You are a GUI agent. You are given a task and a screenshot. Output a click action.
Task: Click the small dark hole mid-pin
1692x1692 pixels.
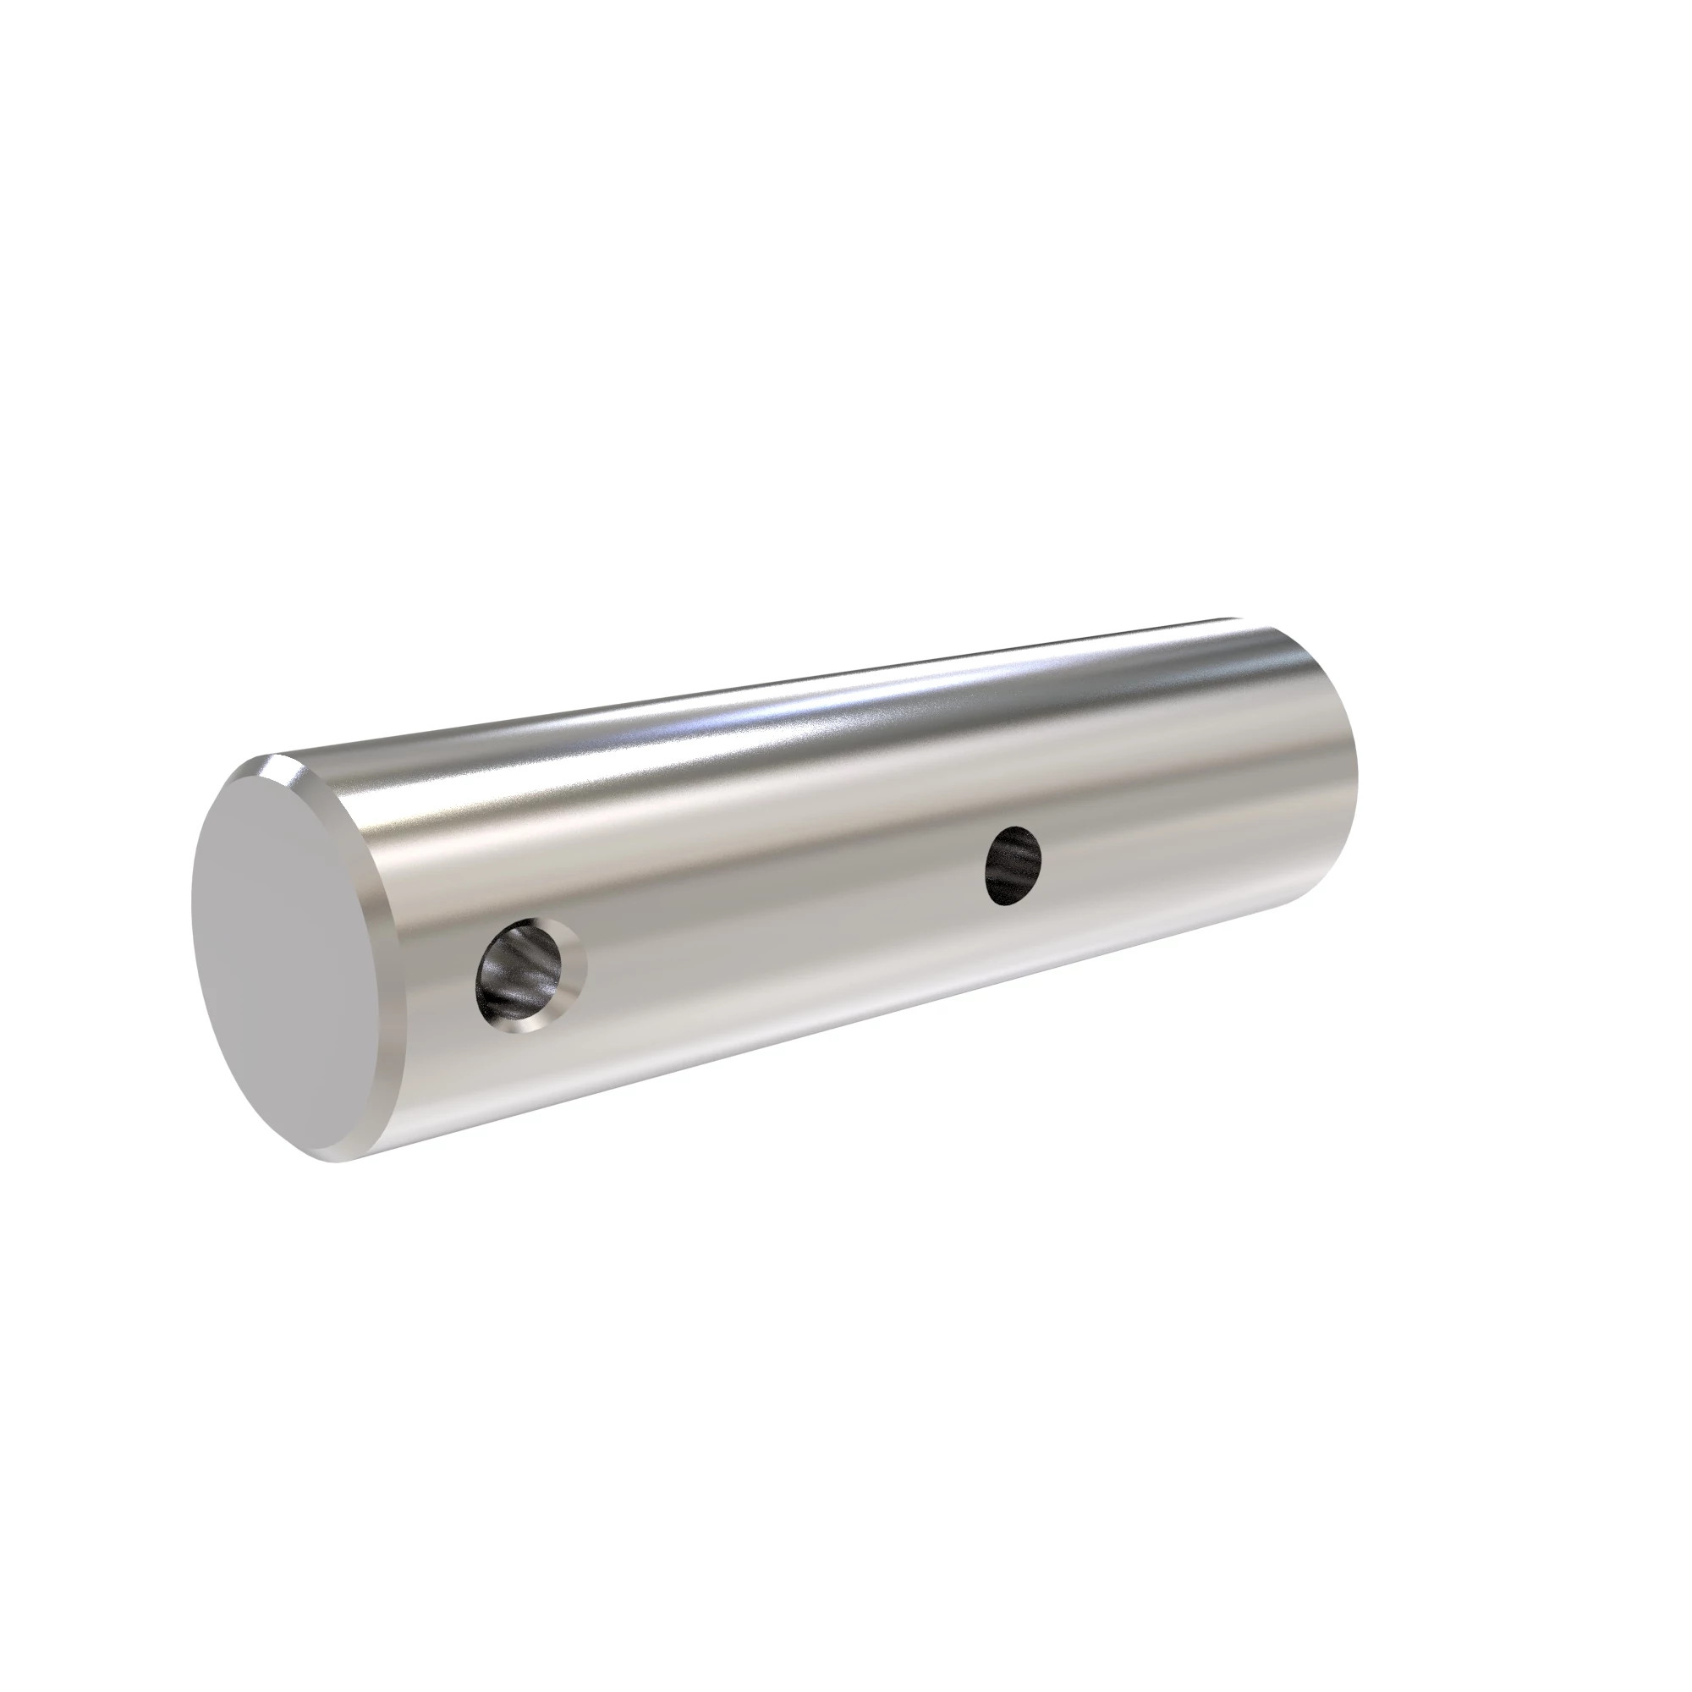(1014, 865)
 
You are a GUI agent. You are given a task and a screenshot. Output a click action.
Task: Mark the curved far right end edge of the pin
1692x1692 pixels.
(1354, 771)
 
